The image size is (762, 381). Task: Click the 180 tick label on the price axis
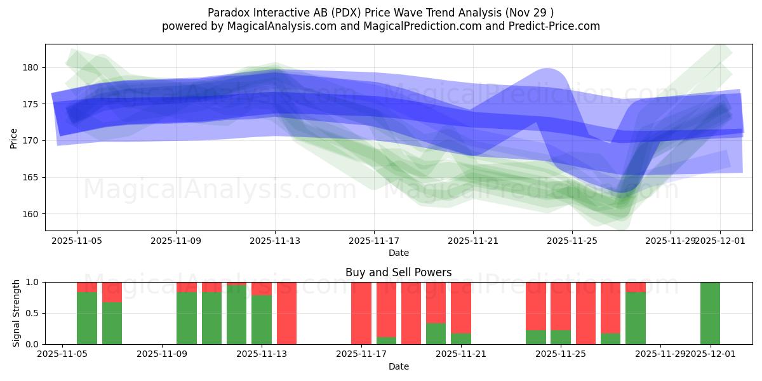pyautogui.click(x=31, y=67)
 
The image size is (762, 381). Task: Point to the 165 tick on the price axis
pyautogui.click(x=31, y=177)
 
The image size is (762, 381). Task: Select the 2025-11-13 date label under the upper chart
pyautogui.click(x=275, y=241)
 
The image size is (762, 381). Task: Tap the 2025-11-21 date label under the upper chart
pyautogui.click(x=473, y=241)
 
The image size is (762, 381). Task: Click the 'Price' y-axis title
pyautogui.click(x=14, y=138)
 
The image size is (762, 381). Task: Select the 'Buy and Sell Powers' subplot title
pyautogui.click(x=398, y=272)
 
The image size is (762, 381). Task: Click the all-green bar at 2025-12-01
pyautogui.click(x=710, y=313)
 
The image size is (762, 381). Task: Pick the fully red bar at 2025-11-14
pyautogui.click(x=286, y=313)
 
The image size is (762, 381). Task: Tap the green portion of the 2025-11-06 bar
pyautogui.click(x=87, y=317)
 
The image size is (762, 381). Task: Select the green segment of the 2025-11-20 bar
pyautogui.click(x=436, y=333)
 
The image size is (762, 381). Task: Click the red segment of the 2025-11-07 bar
pyautogui.click(x=112, y=292)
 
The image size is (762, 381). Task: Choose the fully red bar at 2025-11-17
pyautogui.click(x=361, y=313)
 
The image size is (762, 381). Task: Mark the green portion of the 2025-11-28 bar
pyautogui.click(x=635, y=317)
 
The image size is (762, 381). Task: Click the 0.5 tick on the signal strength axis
pyautogui.click(x=31, y=313)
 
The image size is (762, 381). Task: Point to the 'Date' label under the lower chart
pyautogui.click(x=398, y=366)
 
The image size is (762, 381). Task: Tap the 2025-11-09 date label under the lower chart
pyautogui.click(x=162, y=354)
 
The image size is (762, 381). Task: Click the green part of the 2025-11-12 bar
pyautogui.click(x=236, y=314)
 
